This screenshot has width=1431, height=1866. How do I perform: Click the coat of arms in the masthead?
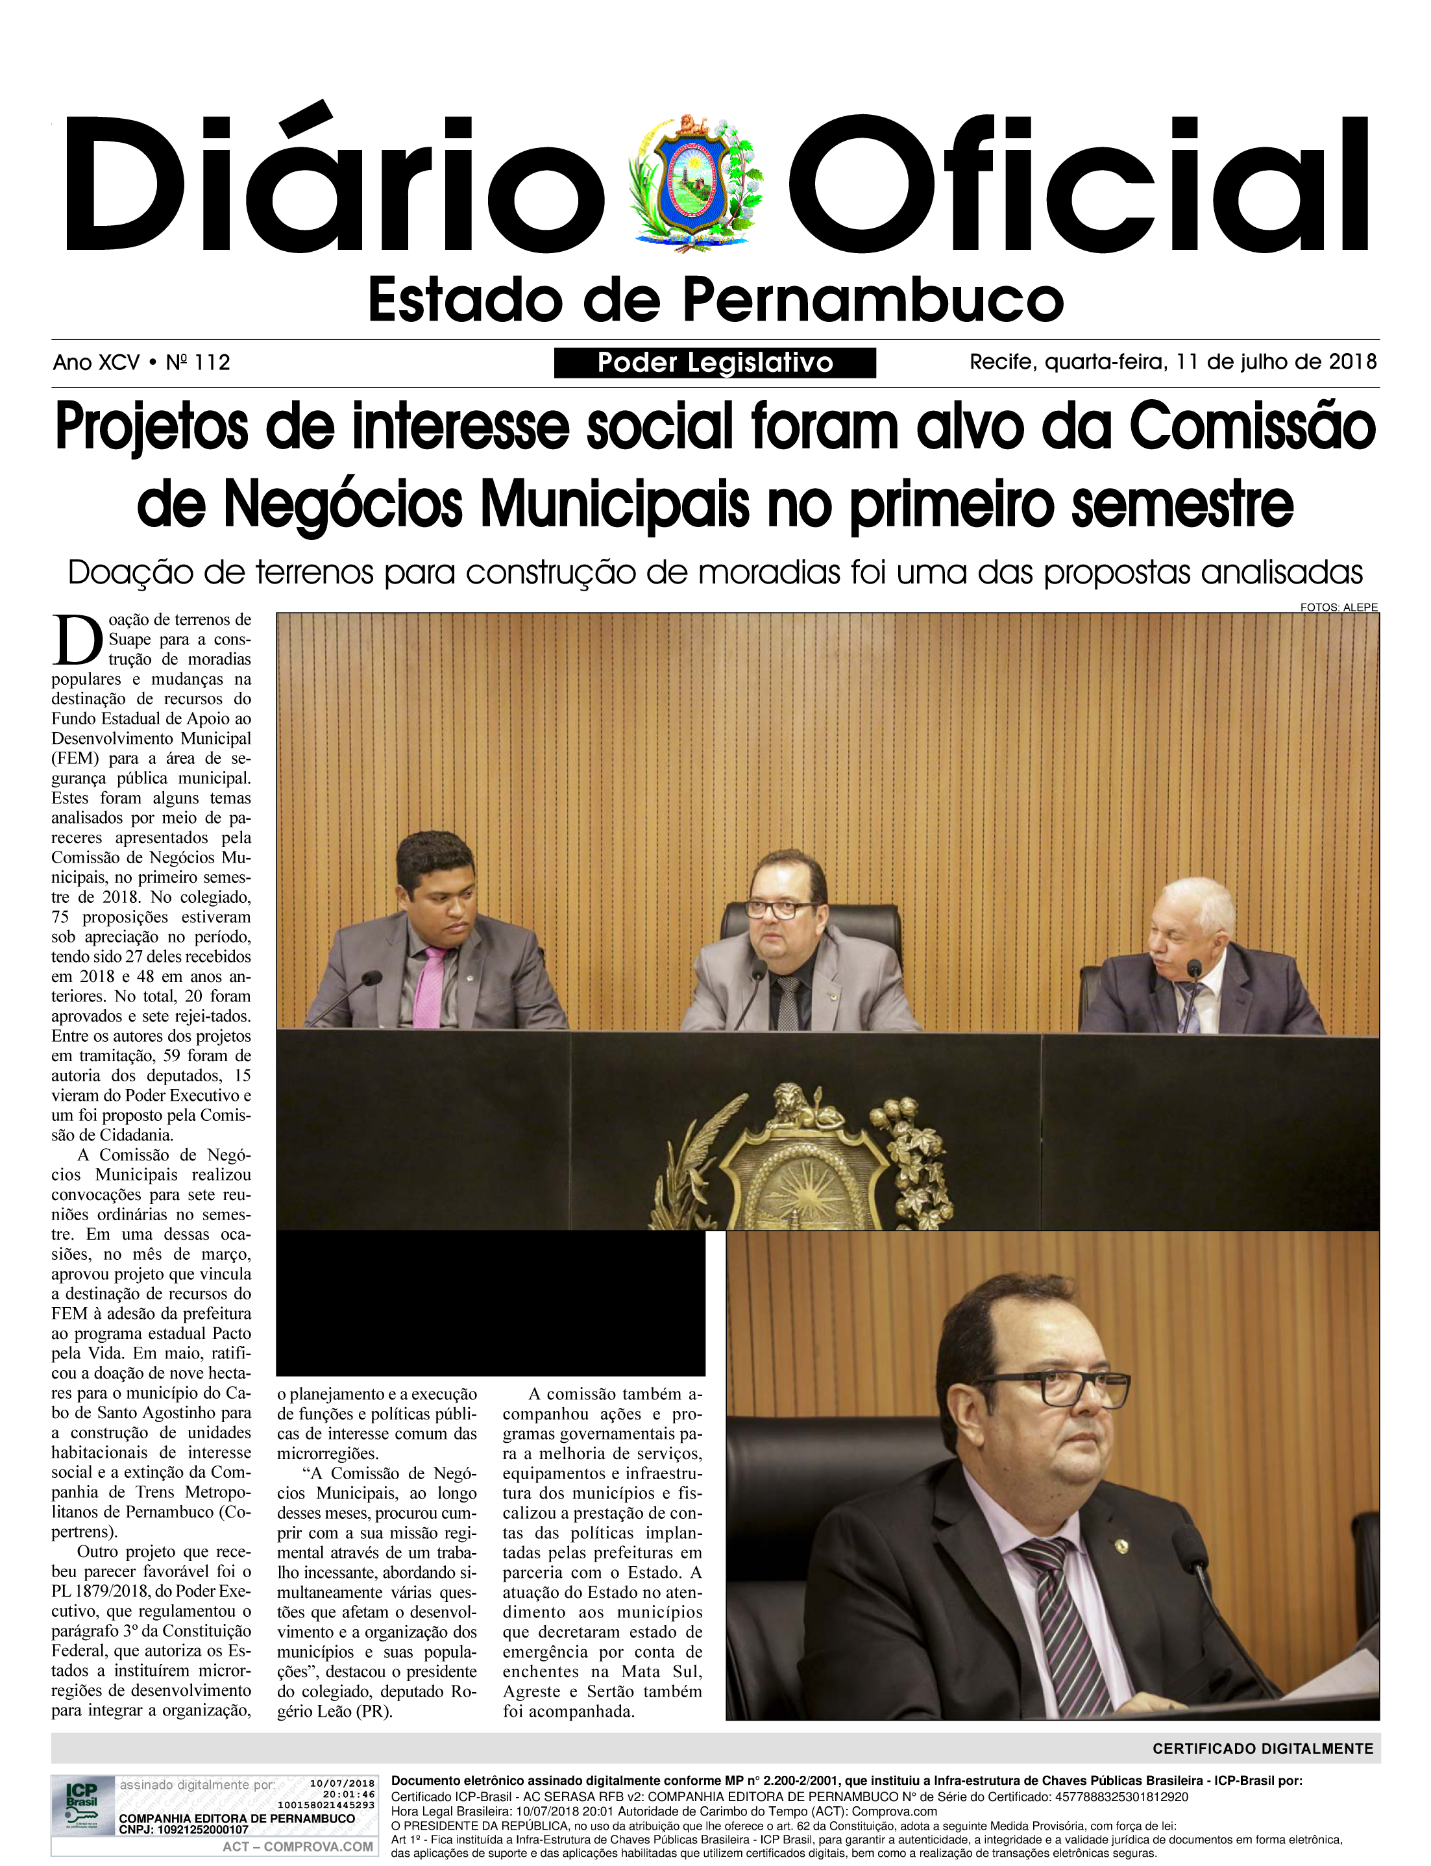click(696, 183)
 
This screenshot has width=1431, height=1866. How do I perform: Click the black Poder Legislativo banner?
click(715, 363)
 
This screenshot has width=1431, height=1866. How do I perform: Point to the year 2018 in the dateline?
click(1352, 362)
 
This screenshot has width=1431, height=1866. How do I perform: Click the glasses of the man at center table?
click(779, 909)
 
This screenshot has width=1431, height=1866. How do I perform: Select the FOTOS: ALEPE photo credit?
click(1338, 608)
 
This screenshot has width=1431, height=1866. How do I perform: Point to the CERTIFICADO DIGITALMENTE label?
click(1262, 1749)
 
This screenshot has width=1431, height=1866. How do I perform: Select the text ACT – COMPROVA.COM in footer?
click(297, 1847)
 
